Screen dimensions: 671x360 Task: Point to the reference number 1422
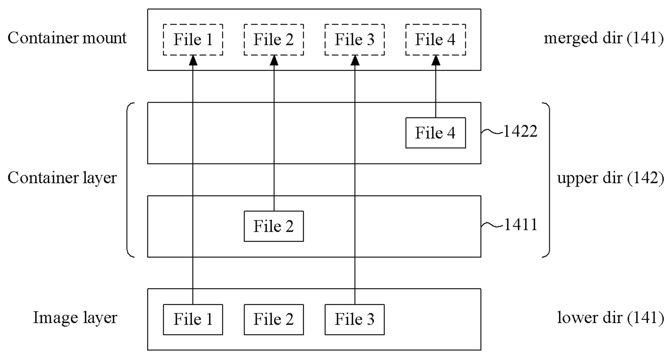pyautogui.click(x=520, y=131)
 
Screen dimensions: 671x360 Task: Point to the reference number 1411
pyautogui.click(x=520, y=225)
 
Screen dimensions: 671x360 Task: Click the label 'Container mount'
pyautogui.click(x=67, y=38)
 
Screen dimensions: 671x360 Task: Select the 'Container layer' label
pyautogui.click(x=62, y=178)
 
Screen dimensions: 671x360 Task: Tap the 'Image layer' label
pyautogui.click(x=75, y=318)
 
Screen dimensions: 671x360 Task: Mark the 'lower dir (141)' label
pyautogui.click(x=610, y=318)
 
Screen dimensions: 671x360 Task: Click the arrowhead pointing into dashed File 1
pyautogui.click(x=193, y=60)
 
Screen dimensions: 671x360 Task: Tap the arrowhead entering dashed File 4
pyautogui.click(x=436, y=60)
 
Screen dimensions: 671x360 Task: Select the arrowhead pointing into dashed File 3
pyautogui.click(x=355, y=60)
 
